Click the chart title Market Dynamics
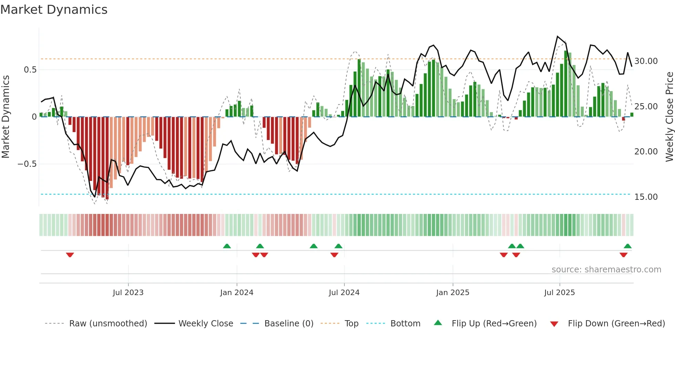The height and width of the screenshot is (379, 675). pos(54,10)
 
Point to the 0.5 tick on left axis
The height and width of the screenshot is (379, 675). pos(30,70)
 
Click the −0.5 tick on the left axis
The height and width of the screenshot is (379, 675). pos(27,164)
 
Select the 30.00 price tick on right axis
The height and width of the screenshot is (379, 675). pos(646,61)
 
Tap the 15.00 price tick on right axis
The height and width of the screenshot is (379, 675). pos(646,197)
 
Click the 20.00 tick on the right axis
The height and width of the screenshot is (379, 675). pos(646,152)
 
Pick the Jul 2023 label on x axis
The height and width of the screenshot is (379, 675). pos(128,293)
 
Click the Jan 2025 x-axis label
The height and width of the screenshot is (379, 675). pos(453,293)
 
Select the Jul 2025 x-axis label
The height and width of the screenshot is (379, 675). pos(559,293)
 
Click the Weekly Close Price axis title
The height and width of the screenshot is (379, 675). pos(669,117)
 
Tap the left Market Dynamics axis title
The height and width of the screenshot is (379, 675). pos(6,117)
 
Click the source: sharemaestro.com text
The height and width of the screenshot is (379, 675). pos(606,270)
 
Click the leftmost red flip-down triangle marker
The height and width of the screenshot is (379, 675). pos(70,255)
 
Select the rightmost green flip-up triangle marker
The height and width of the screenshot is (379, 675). pos(627,246)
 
